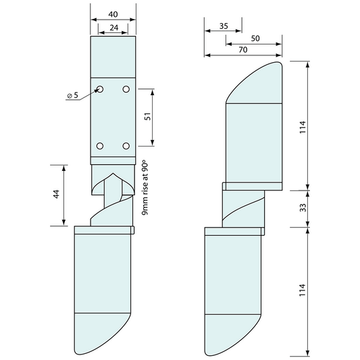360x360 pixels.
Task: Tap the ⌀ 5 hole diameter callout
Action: pos(73,96)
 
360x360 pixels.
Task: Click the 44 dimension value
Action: pos(57,195)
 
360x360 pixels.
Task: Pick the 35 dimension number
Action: pos(224,26)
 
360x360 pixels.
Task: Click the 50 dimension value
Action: pos(255,39)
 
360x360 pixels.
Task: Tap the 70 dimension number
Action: pos(242,50)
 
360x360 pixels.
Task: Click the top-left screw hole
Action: pos(100,89)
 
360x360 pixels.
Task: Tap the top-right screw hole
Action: pos(126,89)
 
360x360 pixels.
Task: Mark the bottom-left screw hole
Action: pos(100,145)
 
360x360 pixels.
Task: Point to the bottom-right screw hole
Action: pos(126,145)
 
